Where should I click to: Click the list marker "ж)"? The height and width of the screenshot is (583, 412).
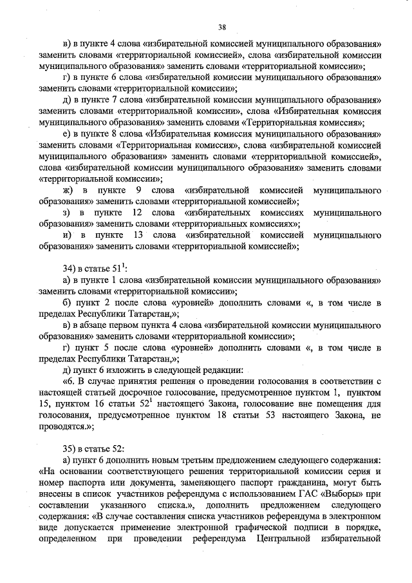click(66, 191)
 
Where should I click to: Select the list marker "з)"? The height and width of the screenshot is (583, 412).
click(66, 213)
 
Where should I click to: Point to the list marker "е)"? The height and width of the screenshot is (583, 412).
click(66, 135)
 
